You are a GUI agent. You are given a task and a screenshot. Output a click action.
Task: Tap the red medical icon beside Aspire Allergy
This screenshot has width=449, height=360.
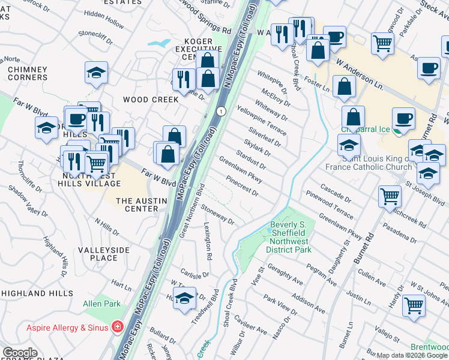click(x=118, y=327)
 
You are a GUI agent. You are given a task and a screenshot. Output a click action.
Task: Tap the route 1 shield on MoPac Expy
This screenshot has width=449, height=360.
click(x=221, y=112)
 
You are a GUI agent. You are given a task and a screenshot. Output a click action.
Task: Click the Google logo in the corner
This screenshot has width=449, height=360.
click(x=19, y=353)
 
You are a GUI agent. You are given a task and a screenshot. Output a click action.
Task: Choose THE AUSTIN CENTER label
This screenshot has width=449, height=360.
click(x=136, y=205)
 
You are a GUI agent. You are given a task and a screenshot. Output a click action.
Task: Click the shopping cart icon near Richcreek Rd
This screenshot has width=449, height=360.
click(x=390, y=196)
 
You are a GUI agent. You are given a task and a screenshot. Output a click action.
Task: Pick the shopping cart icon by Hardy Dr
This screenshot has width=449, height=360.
click(x=414, y=305)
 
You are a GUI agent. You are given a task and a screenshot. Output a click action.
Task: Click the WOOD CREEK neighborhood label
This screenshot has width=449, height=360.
click(x=150, y=100)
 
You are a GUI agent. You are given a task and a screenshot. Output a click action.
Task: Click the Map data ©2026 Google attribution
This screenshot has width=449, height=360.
click(x=412, y=355)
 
